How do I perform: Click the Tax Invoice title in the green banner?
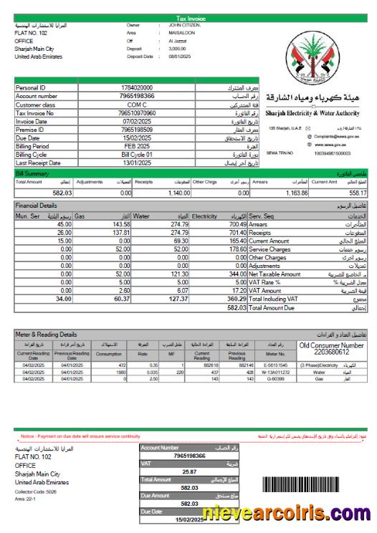(x=188, y=18)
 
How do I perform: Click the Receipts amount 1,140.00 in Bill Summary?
(x=175, y=193)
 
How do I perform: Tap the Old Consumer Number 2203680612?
(x=333, y=352)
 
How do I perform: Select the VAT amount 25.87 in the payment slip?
(x=188, y=471)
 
